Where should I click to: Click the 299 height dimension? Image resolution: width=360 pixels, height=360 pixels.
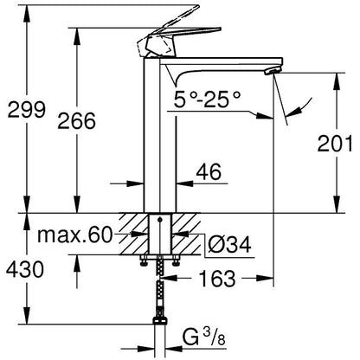[x=26, y=110]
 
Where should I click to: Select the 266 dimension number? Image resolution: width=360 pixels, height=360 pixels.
[x=76, y=121]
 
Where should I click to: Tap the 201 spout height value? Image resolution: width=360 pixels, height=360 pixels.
[x=335, y=144]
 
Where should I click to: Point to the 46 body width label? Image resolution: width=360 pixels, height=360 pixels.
[x=209, y=171]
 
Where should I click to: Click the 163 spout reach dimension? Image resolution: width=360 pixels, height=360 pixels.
[x=217, y=279]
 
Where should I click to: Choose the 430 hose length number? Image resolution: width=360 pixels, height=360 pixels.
[x=25, y=269]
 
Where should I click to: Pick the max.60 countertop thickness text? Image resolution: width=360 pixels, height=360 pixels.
[x=74, y=235]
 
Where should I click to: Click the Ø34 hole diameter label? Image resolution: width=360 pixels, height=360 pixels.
[x=229, y=245]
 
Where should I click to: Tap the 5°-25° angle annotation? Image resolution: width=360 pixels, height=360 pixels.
[x=207, y=99]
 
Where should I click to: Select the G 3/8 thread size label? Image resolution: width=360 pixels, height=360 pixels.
[x=204, y=337]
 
